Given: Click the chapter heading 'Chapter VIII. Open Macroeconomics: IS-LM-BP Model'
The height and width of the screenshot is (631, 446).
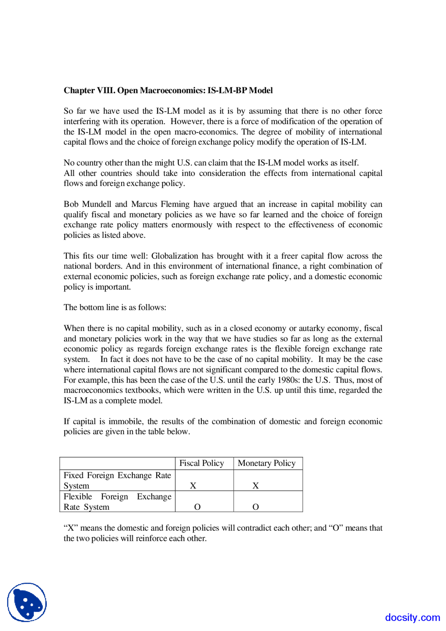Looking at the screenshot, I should click(x=168, y=91).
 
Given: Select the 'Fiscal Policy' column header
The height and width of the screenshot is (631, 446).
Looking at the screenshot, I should click(x=201, y=463).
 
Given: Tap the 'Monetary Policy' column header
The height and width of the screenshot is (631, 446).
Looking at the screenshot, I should click(x=267, y=463).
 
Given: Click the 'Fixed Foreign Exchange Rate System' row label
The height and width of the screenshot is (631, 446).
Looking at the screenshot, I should click(x=117, y=480).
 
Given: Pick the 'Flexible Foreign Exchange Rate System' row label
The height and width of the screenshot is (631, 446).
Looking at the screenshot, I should click(x=117, y=502).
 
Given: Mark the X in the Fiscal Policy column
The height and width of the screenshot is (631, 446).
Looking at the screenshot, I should click(x=193, y=486).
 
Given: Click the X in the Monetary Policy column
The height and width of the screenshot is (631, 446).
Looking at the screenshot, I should click(x=255, y=486).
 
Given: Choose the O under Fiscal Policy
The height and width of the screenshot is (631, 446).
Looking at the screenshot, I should click(x=197, y=507).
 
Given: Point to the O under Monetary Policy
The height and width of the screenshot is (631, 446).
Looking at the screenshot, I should click(x=255, y=507).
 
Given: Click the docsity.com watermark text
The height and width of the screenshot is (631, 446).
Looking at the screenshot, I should click(x=413, y=617).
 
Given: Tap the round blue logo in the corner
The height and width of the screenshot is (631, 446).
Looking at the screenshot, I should click(x=27, y=602).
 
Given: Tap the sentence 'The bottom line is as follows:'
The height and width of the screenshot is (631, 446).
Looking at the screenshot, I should click(x=115, y=307).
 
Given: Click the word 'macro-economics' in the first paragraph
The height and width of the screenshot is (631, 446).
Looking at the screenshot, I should click(x=205, y=132).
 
